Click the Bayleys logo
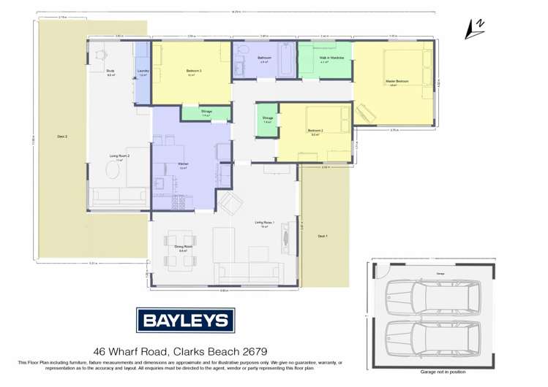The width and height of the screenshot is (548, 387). [x=184, y=321]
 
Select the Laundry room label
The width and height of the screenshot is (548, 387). [x=143, y=72]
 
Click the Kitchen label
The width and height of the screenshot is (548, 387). [x=184, y=164]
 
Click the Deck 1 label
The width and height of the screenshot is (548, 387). [x=323, y=236]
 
